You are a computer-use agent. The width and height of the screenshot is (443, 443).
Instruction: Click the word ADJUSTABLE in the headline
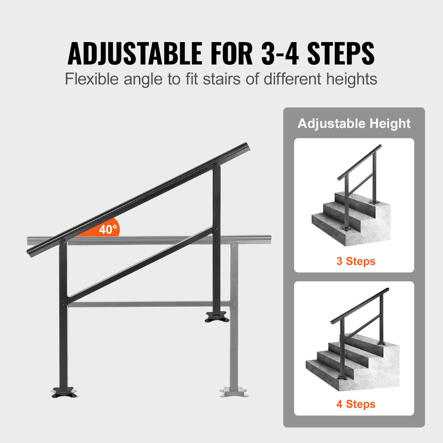(x=135, y=54)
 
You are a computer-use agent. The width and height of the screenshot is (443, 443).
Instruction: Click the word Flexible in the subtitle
(x=92, y=79)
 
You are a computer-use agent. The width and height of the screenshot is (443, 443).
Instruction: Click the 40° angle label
(x=107, y=230)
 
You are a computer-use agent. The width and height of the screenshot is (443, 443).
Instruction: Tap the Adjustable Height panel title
(x=354, y=123)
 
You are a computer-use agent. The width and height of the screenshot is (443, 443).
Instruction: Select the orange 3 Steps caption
(x=356, y=261)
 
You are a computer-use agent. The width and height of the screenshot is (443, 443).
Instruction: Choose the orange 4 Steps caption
(x=356, y=404)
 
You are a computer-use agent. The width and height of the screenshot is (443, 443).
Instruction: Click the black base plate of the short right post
(x=217, y=317)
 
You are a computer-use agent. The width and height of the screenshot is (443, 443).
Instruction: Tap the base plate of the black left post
(x=64, y=392)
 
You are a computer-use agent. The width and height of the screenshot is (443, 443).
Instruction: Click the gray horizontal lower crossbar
(x=148, y=305)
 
